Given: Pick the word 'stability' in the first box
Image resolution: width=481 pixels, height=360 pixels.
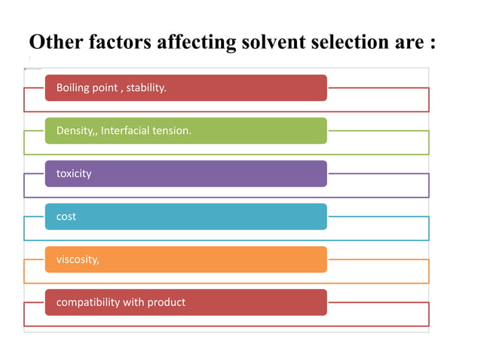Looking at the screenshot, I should (x=145, y=88).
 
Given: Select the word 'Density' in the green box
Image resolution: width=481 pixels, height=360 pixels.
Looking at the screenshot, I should (x=74, y=131).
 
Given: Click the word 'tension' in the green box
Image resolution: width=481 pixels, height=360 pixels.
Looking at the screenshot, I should (x=173, y=131).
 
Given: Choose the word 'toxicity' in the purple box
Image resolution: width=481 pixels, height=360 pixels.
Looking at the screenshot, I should (x=74, y=174).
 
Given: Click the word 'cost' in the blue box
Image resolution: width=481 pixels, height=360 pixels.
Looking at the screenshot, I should (x=66, y=217).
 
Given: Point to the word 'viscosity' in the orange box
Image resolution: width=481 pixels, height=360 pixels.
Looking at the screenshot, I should (x=76, y=260).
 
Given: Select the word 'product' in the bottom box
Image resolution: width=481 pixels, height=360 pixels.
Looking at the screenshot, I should (x=166, y=303).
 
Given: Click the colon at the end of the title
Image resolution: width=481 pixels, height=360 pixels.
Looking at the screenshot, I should (x=434, y=43).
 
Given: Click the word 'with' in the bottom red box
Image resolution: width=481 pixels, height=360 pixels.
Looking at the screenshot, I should (x=133, y=303).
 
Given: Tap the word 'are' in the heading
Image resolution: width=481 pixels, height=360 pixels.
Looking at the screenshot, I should (x=411, y=42).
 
